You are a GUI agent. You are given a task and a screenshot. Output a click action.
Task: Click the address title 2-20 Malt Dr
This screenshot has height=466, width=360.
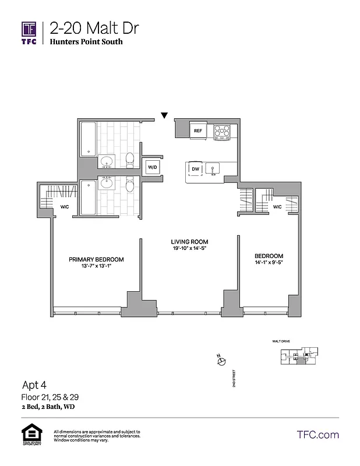(x=94, y=28)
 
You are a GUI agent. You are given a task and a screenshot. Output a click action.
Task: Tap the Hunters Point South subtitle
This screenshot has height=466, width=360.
(x=86, y=42)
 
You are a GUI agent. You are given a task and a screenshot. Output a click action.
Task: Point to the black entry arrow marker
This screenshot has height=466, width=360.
(x=165, y=115)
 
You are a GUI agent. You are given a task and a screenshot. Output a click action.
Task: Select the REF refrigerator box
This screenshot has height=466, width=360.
(x=198, y=131)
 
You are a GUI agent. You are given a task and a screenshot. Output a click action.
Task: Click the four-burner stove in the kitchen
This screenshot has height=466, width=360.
(x=222, y=132)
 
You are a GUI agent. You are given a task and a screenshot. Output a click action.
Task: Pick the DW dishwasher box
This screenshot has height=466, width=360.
(x=195, y=169)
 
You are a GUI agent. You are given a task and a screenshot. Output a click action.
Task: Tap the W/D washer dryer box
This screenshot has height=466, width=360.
(x=152, y=167)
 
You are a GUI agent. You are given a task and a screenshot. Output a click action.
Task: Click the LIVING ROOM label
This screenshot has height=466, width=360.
(x=189, y=242)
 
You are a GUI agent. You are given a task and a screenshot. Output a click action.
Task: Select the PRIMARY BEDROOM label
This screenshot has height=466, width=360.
(x=96, y=259)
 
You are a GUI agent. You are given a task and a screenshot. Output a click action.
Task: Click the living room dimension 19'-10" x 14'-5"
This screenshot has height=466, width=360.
(x=189, y=249)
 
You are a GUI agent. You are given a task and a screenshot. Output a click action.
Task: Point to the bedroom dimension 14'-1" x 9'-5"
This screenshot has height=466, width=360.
(x=269, y=263)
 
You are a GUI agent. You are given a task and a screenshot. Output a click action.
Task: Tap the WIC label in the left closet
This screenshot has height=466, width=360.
(x=65, y=207)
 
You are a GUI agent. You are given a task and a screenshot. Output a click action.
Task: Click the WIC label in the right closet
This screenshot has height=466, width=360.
(x=277, y=207)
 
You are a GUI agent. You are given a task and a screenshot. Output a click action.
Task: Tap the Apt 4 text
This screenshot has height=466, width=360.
(x=34, y=385)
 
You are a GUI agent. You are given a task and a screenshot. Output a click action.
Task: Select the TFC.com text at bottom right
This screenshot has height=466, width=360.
(x=317, y=435)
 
